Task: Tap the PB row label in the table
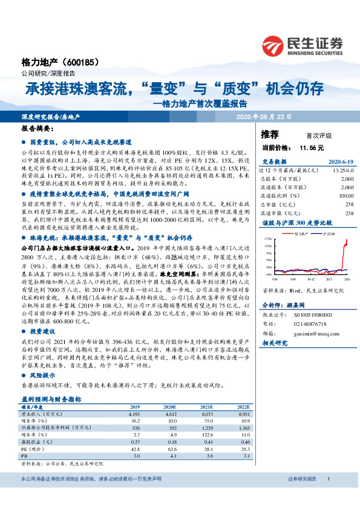coord(24,456)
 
